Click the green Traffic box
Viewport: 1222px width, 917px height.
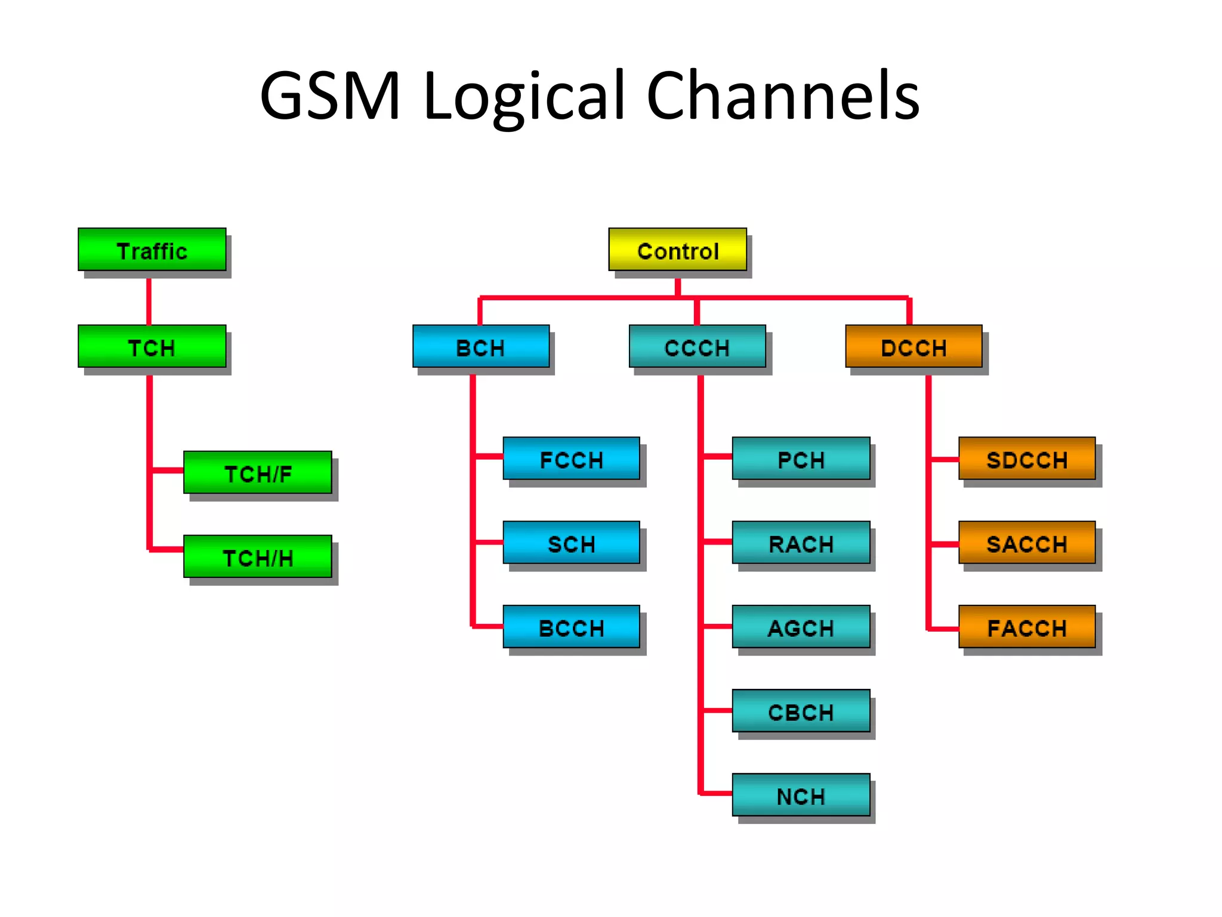(x=152, y=250)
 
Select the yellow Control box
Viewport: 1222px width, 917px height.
(x=677, y=250)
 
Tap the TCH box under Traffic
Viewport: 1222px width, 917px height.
(x=152, y=346)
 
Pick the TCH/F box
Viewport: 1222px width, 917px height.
(x=258, y=473)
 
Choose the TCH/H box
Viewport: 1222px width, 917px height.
(x=258, y=556)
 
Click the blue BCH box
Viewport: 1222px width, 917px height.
(x=481, y=346)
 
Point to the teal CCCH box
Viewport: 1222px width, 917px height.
(x=697, y=346)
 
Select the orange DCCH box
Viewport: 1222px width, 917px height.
(x=914, y=346)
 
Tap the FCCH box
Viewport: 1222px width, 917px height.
(x=571, y=458)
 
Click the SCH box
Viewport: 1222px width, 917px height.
(x=571, y=543)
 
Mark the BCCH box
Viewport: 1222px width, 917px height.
(x=571, y=627)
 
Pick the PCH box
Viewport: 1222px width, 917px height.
(x=801, y=458)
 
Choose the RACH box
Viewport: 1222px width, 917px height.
(x=801, y=543)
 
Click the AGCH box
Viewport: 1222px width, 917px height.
(x=801, y=627)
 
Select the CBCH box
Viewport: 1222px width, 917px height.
(x=801, y=711)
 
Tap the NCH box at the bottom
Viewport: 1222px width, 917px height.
(x=801, y=795)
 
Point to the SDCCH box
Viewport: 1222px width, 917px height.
(x=1027, y=458)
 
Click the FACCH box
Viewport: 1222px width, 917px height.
(x=1027, y=627)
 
